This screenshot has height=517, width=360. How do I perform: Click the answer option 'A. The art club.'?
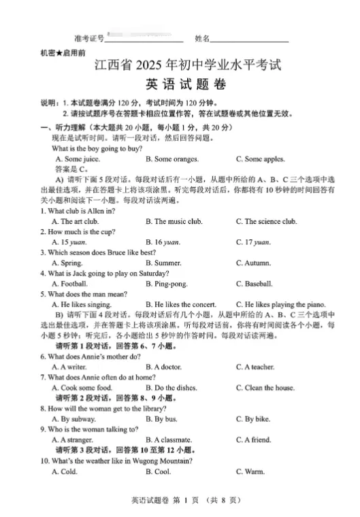pyautogui.click(x=75, y=221)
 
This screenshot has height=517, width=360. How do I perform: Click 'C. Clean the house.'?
pyautogui.click(x=265, y=388)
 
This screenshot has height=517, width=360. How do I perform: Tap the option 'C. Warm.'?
pyautogui.click(x=250, y=471)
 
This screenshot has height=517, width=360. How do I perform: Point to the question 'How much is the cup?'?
pyautogui.click(x=76, y=231)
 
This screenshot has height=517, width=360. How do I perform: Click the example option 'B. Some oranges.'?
pyautogui.click(x=172, y=159)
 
